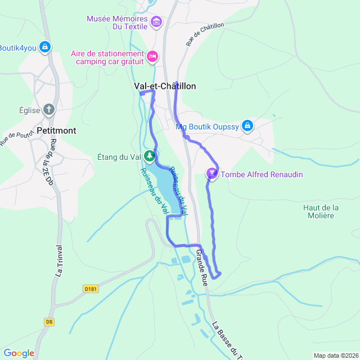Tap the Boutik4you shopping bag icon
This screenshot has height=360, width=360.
pos(46,48)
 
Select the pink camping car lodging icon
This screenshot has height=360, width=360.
pos(152,57)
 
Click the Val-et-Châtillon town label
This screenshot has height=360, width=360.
pos(165,86)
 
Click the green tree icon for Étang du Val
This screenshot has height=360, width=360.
pos(150,156)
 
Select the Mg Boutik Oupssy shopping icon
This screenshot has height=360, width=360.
pos(247,126)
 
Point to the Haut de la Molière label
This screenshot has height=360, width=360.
pos(321,212)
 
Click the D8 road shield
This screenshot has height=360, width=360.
pos(49,322)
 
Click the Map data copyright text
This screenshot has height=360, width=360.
pos(336,355)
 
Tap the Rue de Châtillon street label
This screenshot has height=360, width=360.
pos(205,34)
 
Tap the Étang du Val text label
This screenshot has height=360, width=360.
pos(118,157)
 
